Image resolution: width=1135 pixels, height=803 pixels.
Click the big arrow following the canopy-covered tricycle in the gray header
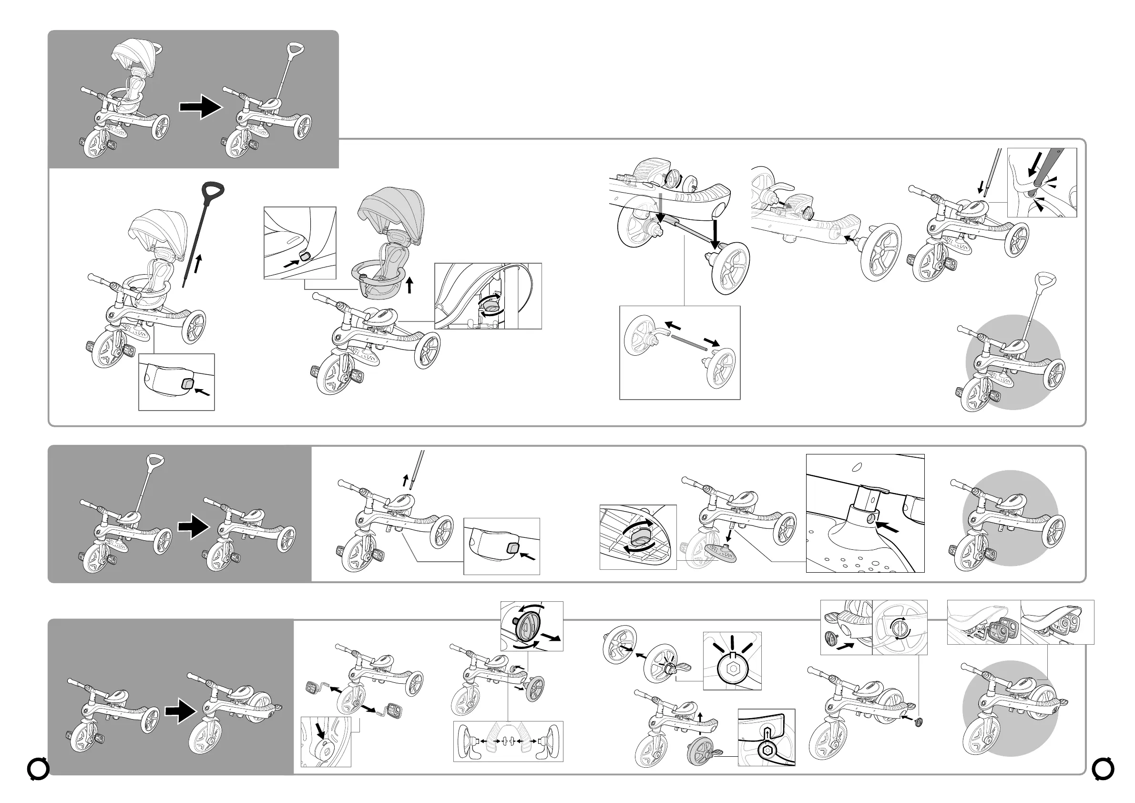[x=200, y=107]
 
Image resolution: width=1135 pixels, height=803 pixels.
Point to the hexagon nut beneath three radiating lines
[x=732, y=670]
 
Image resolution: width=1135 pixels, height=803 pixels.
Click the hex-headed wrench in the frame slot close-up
[x=767, y=750]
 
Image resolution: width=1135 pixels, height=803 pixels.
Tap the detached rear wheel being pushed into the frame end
[x=880, y=252]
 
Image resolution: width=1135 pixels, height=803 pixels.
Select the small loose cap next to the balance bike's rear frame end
[x=919, y=722]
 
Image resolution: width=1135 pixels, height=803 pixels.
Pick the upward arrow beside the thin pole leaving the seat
[x=405, y=480]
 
